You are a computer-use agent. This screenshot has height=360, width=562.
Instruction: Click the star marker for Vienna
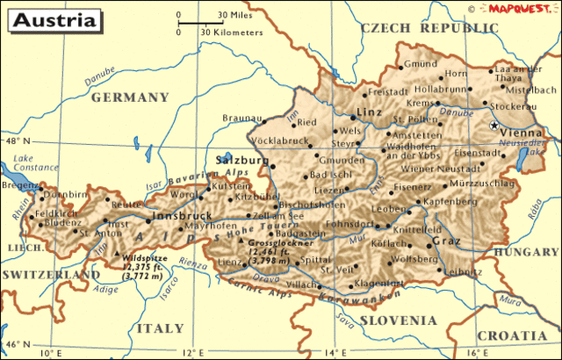[493, 126]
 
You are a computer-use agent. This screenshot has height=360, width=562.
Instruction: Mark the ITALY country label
[161, 328]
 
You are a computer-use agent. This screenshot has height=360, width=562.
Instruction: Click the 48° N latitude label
[16, 140]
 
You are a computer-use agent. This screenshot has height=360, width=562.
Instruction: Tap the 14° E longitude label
[335, 352]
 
